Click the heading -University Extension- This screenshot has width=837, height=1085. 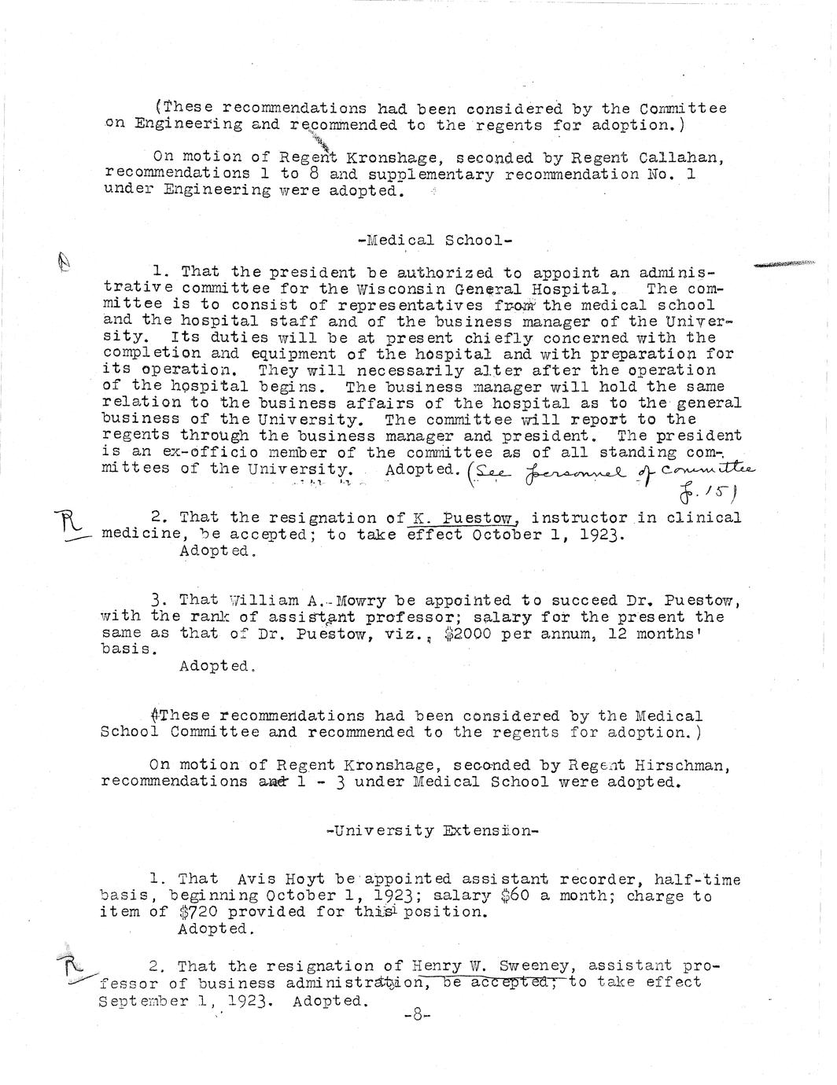[x=432, y=830]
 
